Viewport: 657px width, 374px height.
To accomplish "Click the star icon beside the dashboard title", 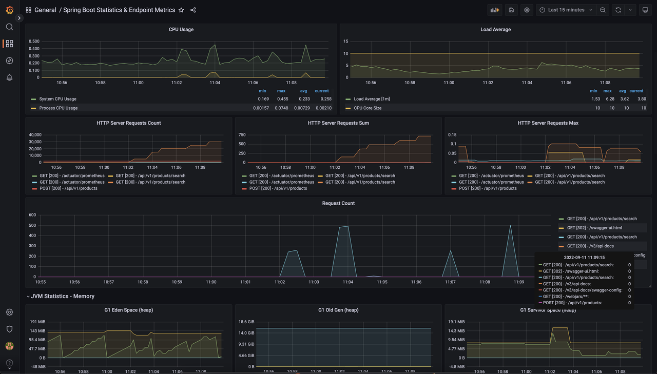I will click(181, 10).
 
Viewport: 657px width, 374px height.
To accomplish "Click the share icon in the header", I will click(193, 10).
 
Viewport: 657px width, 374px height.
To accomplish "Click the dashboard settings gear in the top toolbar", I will click(527, 10).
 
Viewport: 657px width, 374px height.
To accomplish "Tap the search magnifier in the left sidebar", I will click(9, 27).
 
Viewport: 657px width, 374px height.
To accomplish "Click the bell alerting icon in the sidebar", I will click(9, 77).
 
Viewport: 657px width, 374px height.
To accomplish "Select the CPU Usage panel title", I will click(181, 30).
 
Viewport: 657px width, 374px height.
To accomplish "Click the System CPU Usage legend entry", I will click(57, 99).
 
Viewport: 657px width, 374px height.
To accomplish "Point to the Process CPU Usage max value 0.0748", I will click(281, 108).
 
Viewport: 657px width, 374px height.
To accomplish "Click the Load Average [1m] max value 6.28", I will click(608, 99).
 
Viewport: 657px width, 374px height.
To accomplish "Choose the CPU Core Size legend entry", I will click(368, 108).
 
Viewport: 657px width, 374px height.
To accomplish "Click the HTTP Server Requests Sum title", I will click(338, 123).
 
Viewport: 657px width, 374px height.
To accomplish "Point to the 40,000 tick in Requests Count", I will click(35, 135).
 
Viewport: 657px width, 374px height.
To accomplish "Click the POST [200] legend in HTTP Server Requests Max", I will click(488, 188).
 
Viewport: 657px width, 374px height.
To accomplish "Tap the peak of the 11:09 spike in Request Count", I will click(510, 226).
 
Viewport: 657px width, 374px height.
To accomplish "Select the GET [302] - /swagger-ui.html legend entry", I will click(594, 228).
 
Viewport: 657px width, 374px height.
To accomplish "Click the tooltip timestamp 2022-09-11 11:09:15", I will click(584, 258).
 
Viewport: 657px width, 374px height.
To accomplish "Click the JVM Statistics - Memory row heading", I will click(63, 297).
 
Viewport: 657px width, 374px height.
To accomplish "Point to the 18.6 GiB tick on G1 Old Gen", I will click(246, 322).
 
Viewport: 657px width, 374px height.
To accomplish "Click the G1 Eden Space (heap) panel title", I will click(128, 310).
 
